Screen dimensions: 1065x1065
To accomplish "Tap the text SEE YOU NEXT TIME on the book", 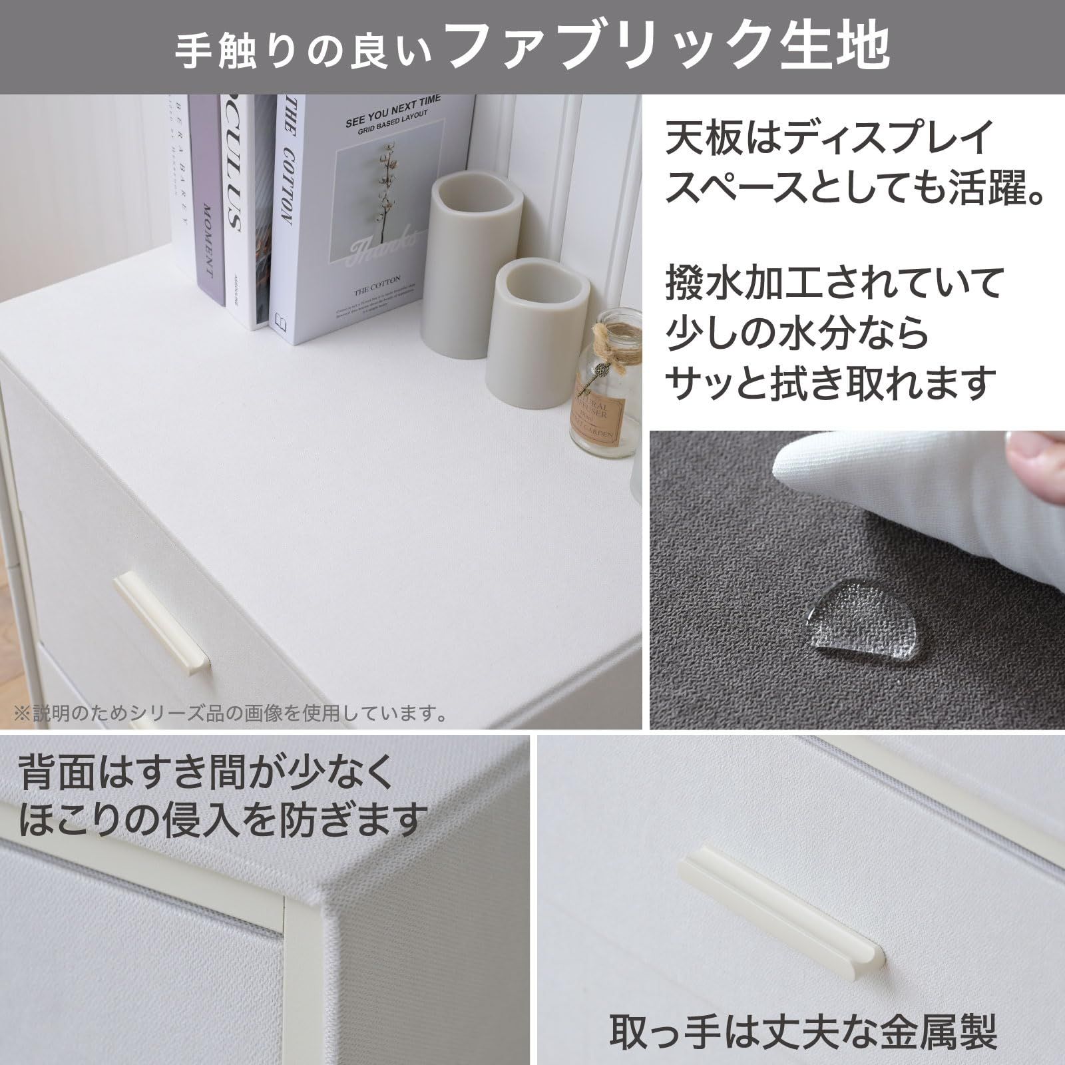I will point(393,112).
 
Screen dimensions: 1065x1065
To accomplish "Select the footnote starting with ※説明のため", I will point(230,714).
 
